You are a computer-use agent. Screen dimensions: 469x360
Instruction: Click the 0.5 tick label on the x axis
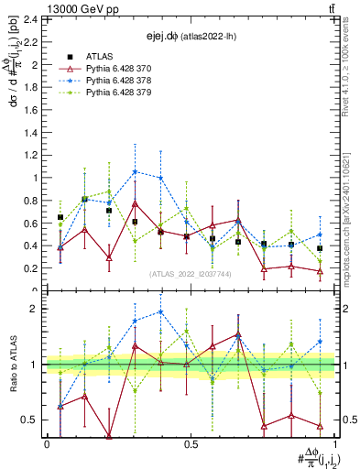coord(191,444)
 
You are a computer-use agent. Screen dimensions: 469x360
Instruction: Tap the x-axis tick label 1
coord(334,444)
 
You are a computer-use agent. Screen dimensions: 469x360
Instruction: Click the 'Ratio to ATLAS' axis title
coord(12,366)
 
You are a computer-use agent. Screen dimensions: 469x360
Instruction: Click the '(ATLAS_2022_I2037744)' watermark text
coord(191,273)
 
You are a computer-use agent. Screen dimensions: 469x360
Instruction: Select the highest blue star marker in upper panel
coord(135,171)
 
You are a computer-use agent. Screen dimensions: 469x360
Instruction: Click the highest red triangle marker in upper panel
coord(135,203)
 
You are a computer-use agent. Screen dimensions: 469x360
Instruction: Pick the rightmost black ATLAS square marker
coord(320,248)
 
